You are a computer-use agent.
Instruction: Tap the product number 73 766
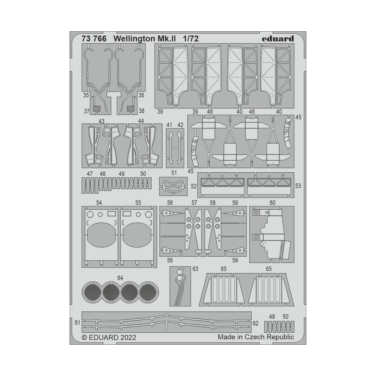tap(85, 39)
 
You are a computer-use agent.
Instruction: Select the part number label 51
tap(174, 173)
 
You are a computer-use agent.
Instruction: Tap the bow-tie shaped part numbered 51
tap(173, 185)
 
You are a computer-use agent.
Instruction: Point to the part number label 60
tap(272, 203)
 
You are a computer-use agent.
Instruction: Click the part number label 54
tap(99, 203)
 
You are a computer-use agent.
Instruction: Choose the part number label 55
tap(138, 203)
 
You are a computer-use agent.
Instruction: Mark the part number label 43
tap(101, 121)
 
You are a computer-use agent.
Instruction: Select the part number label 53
tap(298, 186)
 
